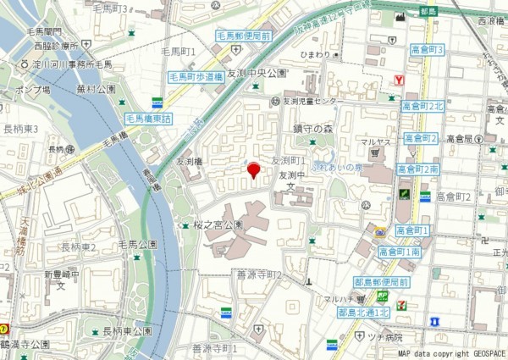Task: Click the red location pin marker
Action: pyautogui.click(x=252, y=171)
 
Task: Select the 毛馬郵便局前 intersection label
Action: pyautogui.click(x=242, y=36)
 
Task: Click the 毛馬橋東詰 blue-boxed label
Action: pyautogui.click(x=148, y=119)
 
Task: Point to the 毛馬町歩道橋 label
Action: pyautogui.click(x=193, y=76)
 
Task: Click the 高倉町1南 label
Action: pyautogui.click(x=400, y=252)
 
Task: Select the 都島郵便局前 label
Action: pyautogui.click(x=383, y=282)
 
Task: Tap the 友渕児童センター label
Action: pyautogui.click(x=309, y=102)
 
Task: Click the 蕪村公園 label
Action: pyautogui.click(x=95, y=87)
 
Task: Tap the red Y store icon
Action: pyautogui.click(x=400, y=80)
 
